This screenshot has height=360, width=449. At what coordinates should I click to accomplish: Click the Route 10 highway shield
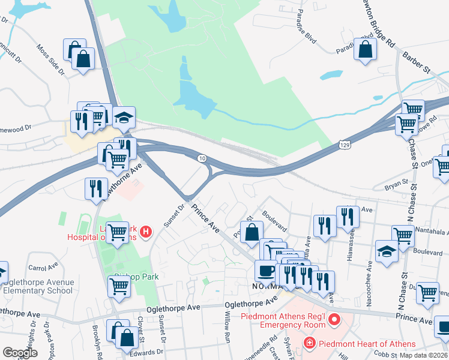203,157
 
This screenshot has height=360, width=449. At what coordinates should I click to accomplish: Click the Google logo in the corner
20,352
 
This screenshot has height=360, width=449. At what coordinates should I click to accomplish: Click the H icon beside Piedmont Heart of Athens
309,344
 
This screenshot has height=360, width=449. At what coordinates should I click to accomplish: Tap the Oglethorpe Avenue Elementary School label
38,286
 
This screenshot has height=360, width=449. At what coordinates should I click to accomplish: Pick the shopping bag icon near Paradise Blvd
365,50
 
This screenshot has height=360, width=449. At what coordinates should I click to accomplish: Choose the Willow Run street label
228,326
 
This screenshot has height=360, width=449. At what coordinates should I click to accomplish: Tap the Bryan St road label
396,181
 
